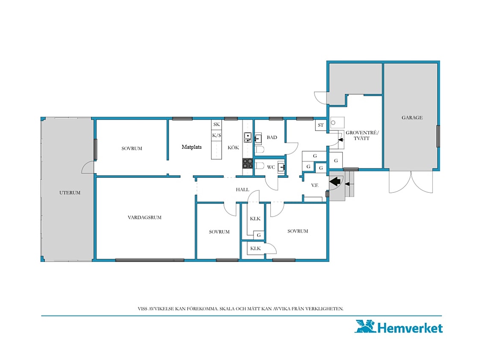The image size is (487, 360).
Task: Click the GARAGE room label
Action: pyautogui.click(x=412, y=118)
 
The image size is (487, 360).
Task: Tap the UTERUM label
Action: pyautogui.click(x=70, y=193)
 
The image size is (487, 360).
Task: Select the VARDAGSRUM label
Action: pyautogui.click(x=145, y=218)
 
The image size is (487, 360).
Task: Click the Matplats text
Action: pyautogui.click(x=192, y=147)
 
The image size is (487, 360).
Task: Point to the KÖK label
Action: pyautogui.click(x=233, y=148)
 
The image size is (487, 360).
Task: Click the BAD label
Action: pyautogui.click(x=272, y=137)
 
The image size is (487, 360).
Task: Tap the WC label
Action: pyautogui.click(x=271, y=167)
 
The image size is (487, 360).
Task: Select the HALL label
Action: pyautogui.click(x=243, y=190)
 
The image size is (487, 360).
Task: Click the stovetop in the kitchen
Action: pyautogui.click(x=247, y=163)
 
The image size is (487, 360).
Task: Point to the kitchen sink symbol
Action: pyautogui.click(x=247, y=137)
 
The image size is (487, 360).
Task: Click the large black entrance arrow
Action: pyautogui.click(x=335, y=181)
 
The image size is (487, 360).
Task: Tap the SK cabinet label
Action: pyautogui.click(x=217, y=124)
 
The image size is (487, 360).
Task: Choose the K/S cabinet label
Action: pyautogui.click(x=217, y=135)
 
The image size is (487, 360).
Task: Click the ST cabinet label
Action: pyautogui.click(x=321, y=125)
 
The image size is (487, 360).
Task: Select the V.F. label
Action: pyautogui.click(x=314, y=185)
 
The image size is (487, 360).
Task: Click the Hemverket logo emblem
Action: pyautogui.click(x=365, y=326)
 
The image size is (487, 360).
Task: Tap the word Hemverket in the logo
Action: pyautogui.click(x=410, y=328)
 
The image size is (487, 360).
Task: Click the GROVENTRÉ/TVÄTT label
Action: pyautogui.click(x=362, y=136)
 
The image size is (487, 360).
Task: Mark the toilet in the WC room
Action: pyautogui.click(x=259, y=165)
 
